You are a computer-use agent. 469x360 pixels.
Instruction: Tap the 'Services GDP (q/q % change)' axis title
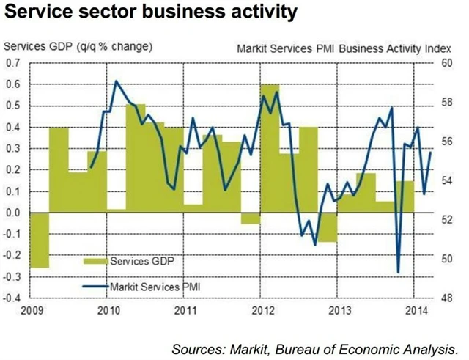(78, 47)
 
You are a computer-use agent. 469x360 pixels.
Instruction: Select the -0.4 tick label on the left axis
(12, 299)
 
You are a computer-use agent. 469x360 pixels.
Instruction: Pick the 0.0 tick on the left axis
(13, 213)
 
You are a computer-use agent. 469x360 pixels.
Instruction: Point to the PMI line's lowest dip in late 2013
(398, 272)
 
